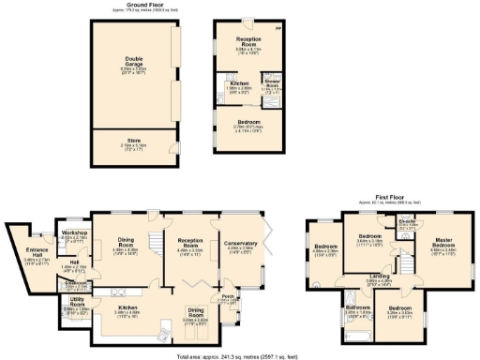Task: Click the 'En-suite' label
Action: click(x=408, y=221)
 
